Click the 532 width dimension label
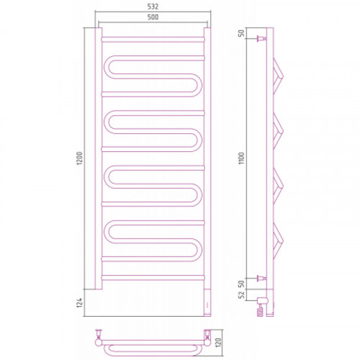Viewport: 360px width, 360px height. click(153, 6)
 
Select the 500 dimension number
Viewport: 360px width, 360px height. click(153, 17)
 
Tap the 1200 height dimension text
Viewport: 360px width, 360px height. click(79, 158)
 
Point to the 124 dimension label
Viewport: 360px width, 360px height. click(79, 302)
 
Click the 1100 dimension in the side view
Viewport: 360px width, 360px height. click(241, 158)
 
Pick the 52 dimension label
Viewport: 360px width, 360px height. click(241, 294)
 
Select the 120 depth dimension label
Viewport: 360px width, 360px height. click(218, 343)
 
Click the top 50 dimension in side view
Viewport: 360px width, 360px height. click(241, 32)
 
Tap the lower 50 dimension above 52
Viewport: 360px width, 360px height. click(241, 284)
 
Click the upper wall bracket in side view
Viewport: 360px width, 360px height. click(261, 38)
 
